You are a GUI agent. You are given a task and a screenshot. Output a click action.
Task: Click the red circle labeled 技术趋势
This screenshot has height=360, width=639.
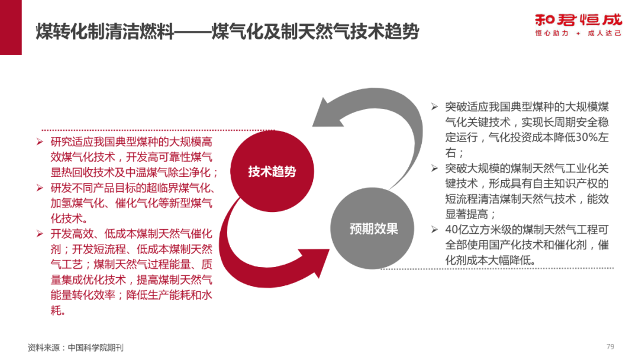tap(272, 172)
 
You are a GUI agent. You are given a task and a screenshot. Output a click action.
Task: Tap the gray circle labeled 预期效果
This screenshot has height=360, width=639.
tap(373, 229)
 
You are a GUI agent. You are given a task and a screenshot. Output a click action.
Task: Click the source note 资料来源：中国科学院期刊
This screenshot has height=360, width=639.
tap(76, 347)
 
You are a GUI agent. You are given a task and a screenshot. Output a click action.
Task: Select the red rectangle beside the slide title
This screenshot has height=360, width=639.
tap(11, 27)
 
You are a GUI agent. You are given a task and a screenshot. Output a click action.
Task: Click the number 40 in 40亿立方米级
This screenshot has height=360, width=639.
tap(453, 230)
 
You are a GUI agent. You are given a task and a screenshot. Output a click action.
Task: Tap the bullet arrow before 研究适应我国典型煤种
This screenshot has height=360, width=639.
tap(40, 142)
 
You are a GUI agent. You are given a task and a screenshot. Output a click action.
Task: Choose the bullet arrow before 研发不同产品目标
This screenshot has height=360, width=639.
tap(40, 188)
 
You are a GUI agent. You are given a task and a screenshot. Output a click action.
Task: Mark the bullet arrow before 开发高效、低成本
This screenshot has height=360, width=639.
tap(40, 234)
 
